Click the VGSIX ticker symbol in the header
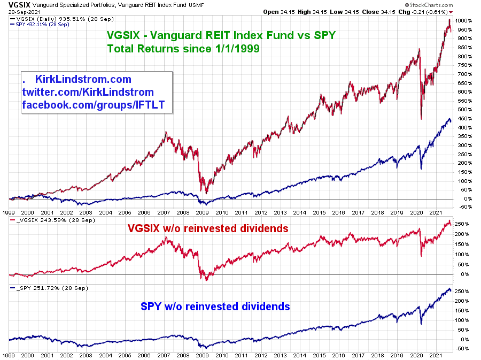click(13, 4)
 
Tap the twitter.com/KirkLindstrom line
click(88, 92)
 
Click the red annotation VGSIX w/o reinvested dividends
click(208, 228)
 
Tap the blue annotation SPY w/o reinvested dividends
click(215, 307)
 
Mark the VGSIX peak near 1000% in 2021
click(449, 20)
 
